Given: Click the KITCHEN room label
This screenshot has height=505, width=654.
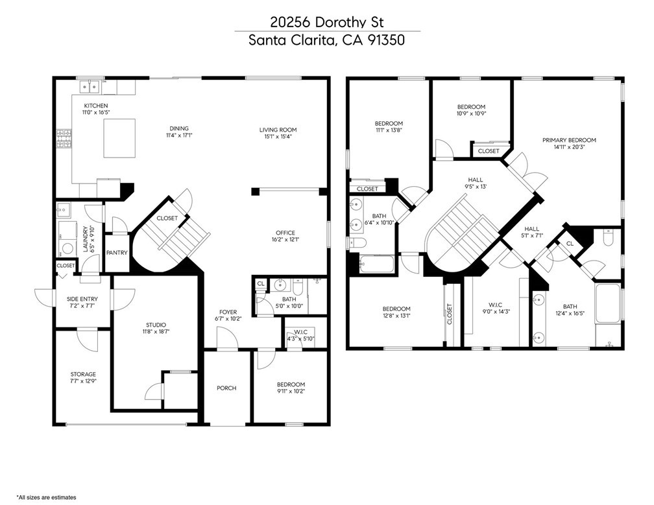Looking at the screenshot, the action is coord(96,106).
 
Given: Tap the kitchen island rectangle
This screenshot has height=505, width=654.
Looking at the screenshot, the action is coord(119,138).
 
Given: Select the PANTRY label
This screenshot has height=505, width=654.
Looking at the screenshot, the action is coord(117,253).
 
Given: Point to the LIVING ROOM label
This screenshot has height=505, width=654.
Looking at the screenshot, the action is coord(278,130).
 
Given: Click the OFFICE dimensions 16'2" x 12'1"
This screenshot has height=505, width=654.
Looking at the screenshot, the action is coord(285,240).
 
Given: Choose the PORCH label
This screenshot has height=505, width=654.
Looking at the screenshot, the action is coord(226,388).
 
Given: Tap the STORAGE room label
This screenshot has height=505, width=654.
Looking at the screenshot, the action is coord(83,374).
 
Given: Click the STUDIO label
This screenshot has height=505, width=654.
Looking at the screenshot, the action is coord(156,325).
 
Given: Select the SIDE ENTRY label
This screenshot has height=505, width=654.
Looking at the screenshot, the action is coord(82,299).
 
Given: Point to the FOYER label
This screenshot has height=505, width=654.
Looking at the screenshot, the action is coord(228,312).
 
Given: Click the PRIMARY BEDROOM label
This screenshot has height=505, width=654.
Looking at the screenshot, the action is coord(570,140).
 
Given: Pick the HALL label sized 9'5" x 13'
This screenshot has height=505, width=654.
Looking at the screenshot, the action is coord(475,180).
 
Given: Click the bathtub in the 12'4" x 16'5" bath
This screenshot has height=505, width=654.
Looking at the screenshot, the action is coord(608,303).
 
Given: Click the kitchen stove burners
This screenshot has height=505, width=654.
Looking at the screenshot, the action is coord(64,139).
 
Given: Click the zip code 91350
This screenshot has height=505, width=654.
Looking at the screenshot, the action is coord(386,40).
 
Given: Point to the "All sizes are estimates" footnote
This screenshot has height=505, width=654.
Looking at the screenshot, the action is coord(46,497).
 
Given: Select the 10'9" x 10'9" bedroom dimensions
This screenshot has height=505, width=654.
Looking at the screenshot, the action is coord(472,113).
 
